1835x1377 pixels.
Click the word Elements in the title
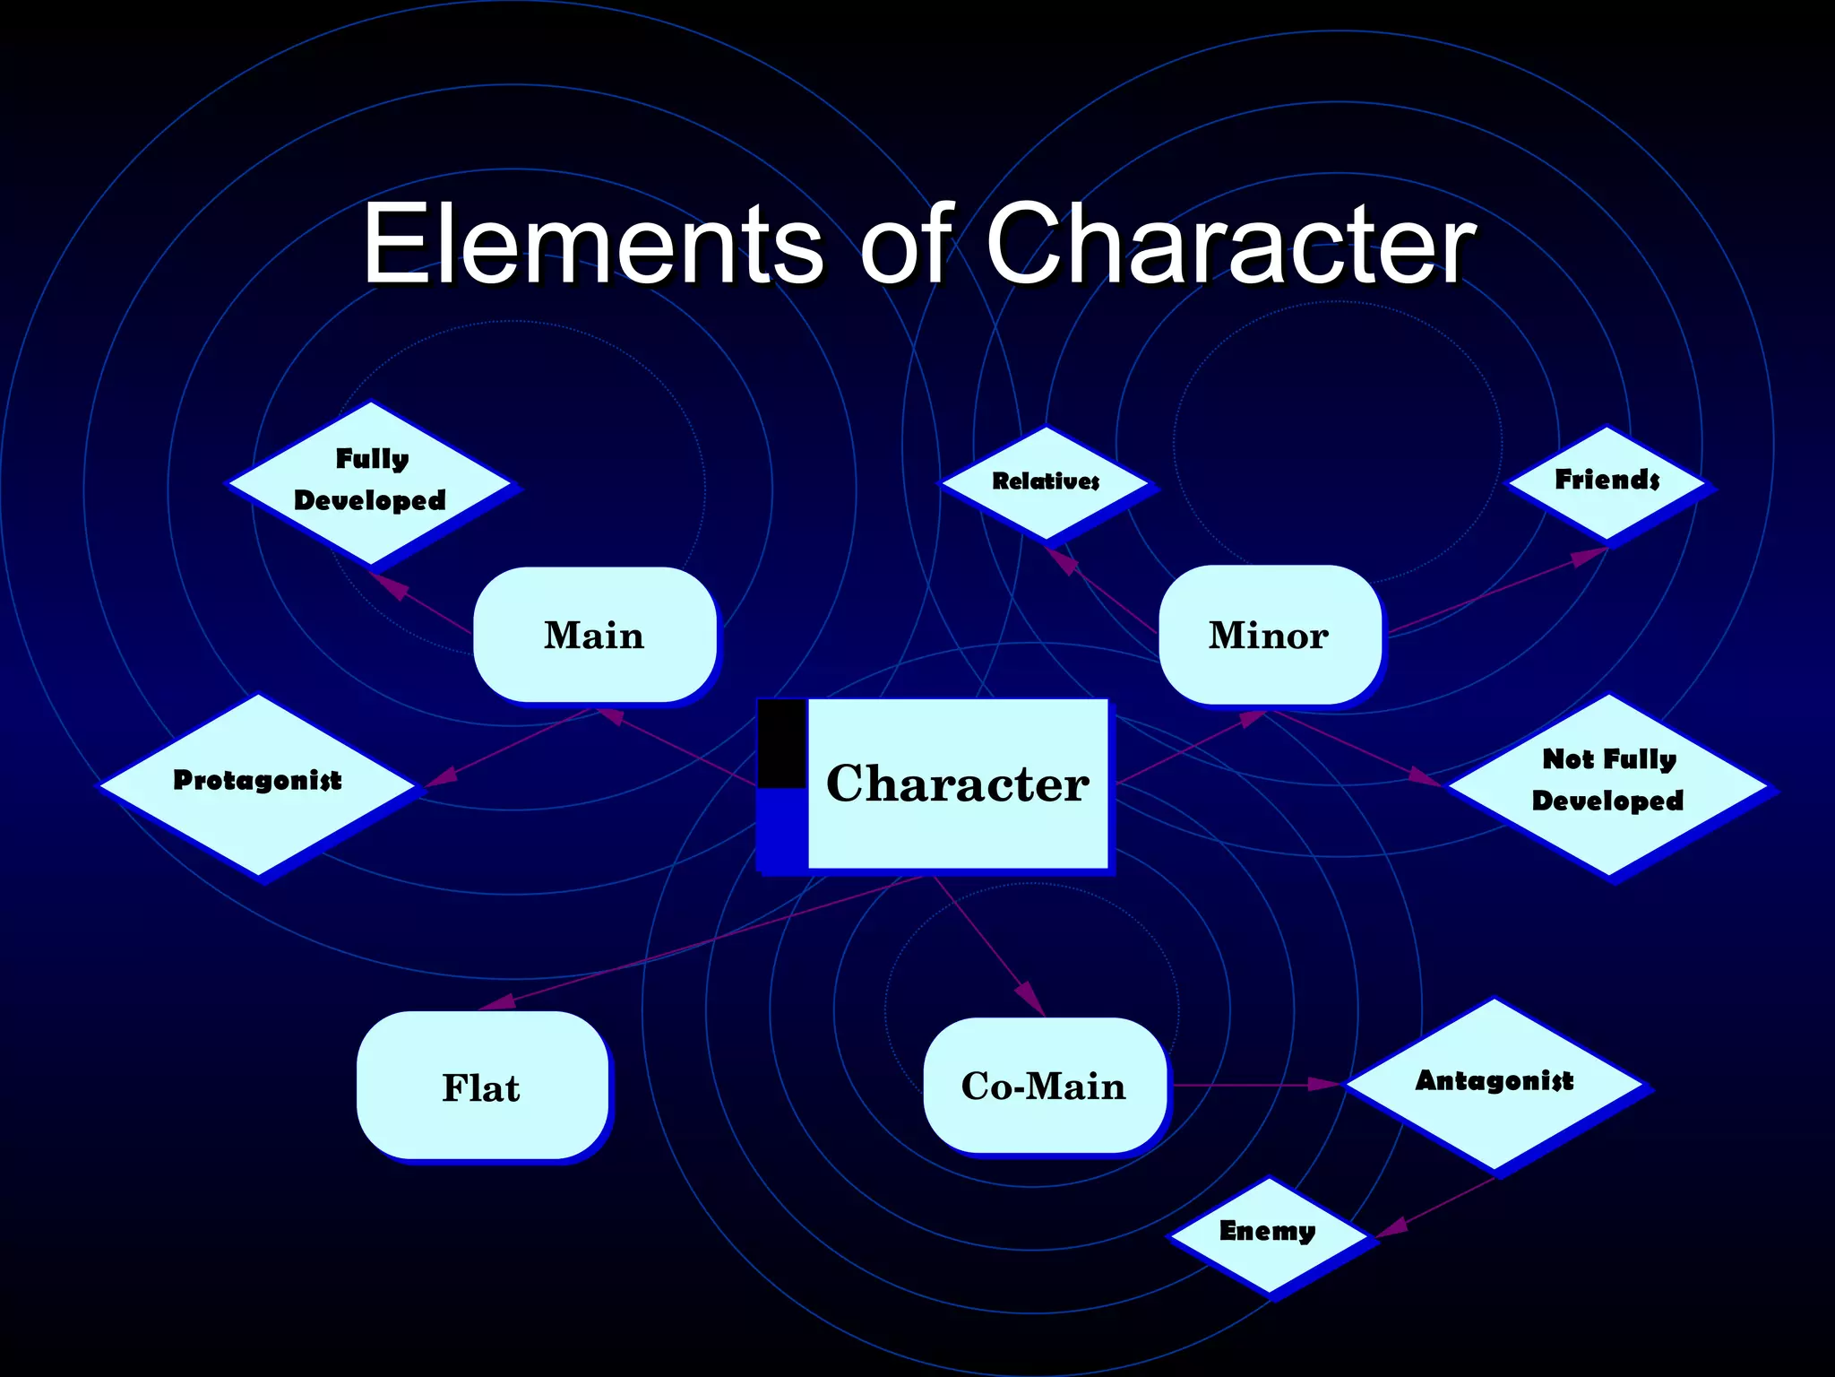point(591,244)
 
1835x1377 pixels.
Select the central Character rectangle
point(957,784)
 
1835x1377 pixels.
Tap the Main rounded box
point(594,635)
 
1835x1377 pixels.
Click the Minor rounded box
point(1269,635)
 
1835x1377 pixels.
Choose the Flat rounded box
point(481,1087)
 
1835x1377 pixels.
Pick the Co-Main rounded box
point(1044,1086)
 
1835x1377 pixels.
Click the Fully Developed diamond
point(370,482)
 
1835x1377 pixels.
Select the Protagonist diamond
point(257,783)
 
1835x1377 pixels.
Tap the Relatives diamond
point(1045,482)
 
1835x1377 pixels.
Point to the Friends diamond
point(1607,482)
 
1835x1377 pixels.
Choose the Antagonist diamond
point(1494,1083)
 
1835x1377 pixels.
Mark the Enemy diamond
point(1268,1234)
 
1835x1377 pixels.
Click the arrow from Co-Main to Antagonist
point(1254,1085)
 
